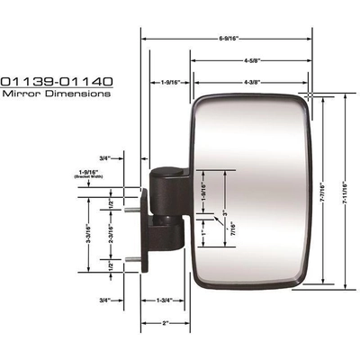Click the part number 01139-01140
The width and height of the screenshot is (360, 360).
coord(56,80)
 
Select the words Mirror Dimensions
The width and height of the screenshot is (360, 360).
coord(56,92)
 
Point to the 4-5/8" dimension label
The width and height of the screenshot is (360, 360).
coord(253,61)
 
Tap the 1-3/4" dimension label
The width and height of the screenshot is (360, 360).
coord(165,300)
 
